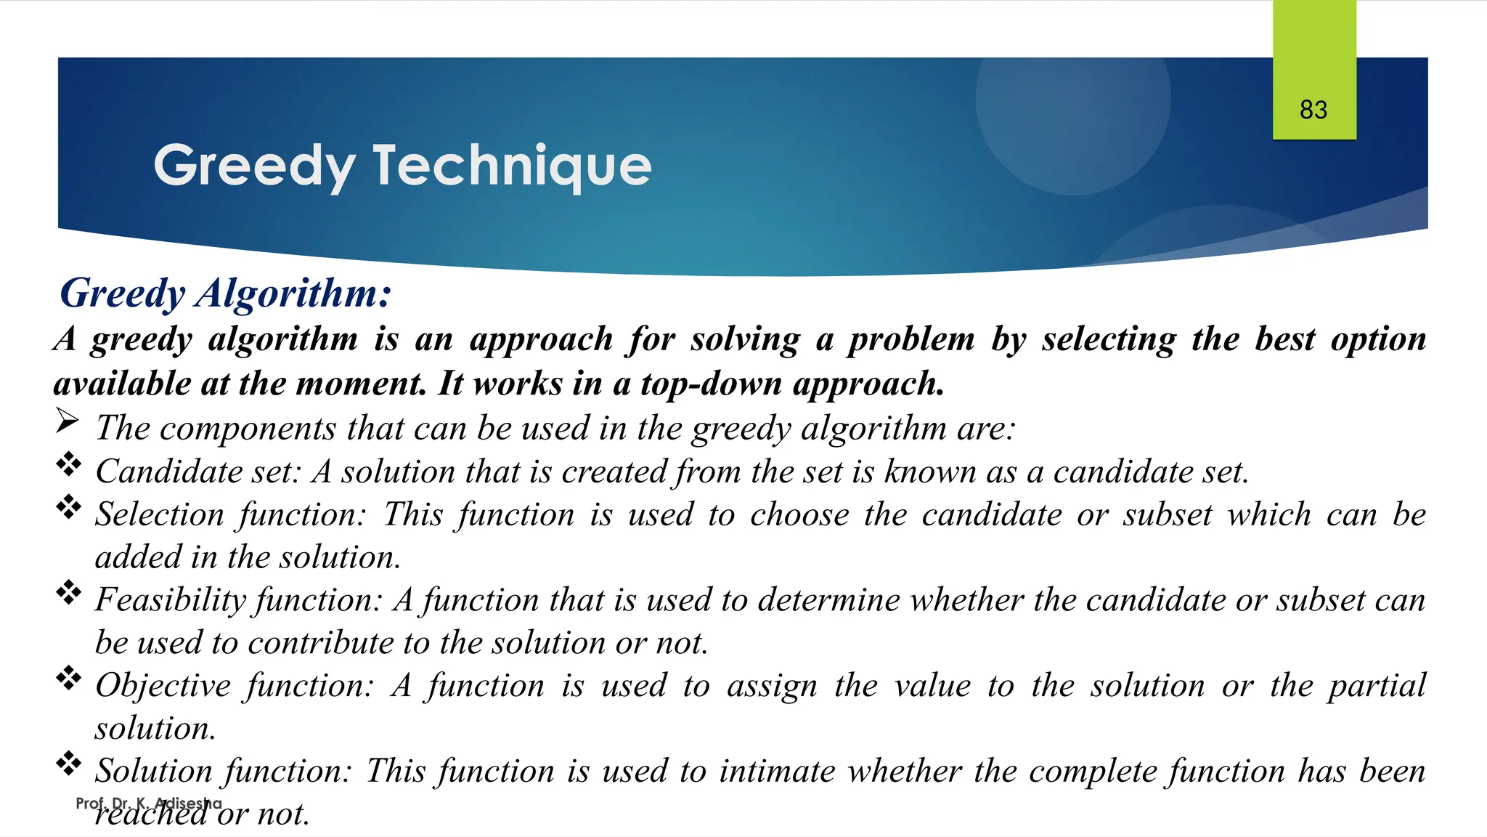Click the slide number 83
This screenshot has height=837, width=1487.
point(1313,110)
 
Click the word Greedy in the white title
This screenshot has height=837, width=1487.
point(253,166)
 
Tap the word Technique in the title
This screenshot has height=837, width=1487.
point(512,166)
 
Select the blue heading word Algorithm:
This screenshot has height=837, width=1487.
point(293,293)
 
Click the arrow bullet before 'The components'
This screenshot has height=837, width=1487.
point(67,421)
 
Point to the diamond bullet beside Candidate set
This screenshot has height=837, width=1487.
point(69,464)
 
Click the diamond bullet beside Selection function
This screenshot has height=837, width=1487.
point(69,507)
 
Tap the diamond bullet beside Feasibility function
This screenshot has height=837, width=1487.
point(69,593)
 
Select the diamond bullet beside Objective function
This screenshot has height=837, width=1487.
point(69,679)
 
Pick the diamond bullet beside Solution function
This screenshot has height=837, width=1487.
point(69,764)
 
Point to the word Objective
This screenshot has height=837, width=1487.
point(163,686)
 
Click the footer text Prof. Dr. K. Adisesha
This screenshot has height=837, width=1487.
point(148,804)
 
